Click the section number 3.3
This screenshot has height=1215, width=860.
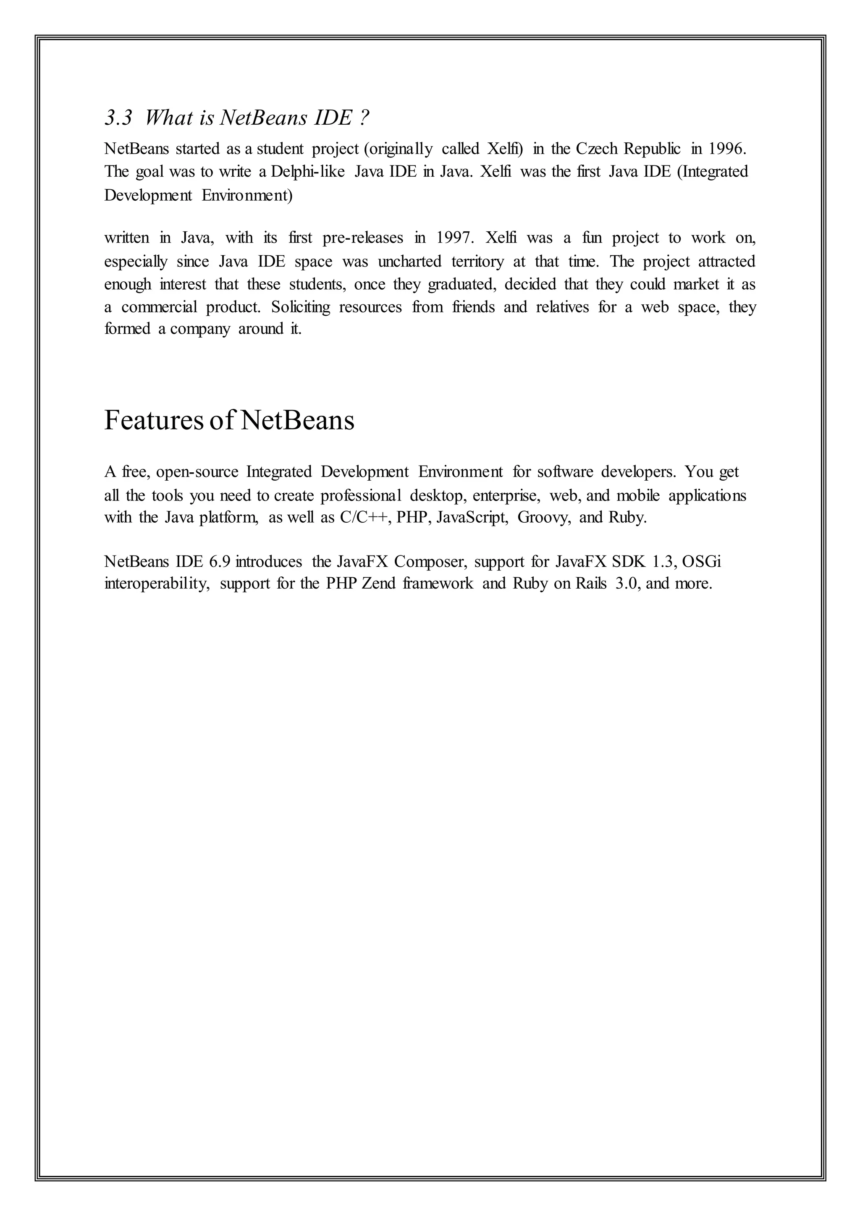(x=118, y=118)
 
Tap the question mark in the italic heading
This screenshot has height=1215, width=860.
(x=363, y=118)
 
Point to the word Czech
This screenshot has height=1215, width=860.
(x=597, y=149)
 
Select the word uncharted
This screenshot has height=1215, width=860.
(x=409, y=262)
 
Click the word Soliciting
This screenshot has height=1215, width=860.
(x=301, y=307)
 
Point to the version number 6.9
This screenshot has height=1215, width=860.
(x=220, y=561)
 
